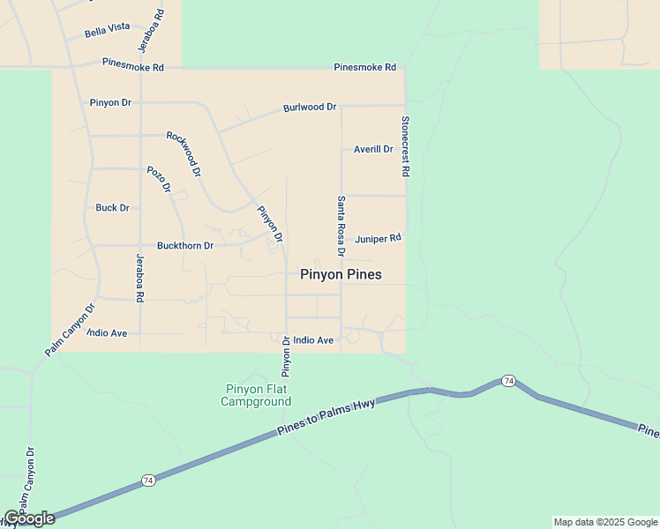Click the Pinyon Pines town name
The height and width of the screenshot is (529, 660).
pyautogui.click(x=341, y=274)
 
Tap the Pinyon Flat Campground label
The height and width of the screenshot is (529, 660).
pyautogui.click(x=256, y=395)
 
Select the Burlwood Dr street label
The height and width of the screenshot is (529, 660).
pyautogui.click(x=310, y=108)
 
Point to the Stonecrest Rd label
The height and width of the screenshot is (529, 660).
pyautogui.click(x=405, y=147)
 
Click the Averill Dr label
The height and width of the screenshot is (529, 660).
pyautogui.click(x=372, y=149)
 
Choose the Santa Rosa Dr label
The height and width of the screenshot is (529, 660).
pyautogui.click(x=341, y=226)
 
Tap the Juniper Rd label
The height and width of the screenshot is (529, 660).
pyautogui.click(x=378, y=238)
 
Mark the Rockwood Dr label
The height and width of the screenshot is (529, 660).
pyautogui.click(x=184, y=153)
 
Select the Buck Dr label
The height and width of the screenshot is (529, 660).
pyautogui.click(x=112, y=208)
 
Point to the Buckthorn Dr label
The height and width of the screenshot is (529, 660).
pyautogui.click(x=184, y=246)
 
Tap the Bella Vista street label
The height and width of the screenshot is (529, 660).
pyautogui.click(x=107, y=33)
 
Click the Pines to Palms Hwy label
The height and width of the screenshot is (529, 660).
pyautogui.click(x=326, y=414)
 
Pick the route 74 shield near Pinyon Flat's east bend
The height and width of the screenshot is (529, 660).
pyautogui.click(x=508, y=380)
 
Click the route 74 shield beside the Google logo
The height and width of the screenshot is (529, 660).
pyautogui.click(x=148, y=481)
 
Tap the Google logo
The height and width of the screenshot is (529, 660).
pyautogui.click(x=30, y=518)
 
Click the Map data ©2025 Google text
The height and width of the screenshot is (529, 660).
pyautogui.click(x=605, y=522)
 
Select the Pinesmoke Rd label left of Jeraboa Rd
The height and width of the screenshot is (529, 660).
pyautogui.click(x=133, y=65)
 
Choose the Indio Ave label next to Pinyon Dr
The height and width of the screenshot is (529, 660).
pyautogui.click(x=313, y=339)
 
